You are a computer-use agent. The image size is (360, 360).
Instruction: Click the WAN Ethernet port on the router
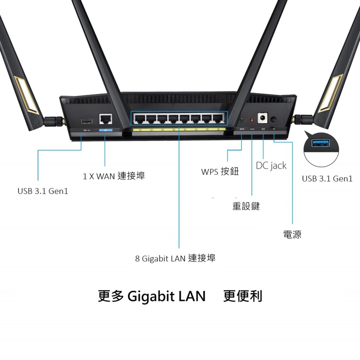[105, 119]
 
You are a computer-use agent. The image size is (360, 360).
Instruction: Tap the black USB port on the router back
[87, 121]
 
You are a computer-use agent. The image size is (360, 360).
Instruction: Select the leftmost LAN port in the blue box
[140, 118]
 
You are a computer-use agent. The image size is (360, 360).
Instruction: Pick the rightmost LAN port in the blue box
[218, 118]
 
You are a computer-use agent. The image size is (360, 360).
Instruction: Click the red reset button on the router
[252, 120]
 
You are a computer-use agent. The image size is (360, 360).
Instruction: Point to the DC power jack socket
[262, 118]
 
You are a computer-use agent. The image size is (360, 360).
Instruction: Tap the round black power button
[274, 120]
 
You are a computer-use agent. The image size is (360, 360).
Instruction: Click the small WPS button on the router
[241, 120]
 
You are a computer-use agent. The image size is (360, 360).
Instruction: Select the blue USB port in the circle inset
[321, 143]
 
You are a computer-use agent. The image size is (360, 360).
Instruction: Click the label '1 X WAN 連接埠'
[114, 176]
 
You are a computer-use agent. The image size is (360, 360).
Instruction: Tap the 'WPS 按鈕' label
[220, 172]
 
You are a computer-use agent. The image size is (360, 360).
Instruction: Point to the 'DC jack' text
[271, 166]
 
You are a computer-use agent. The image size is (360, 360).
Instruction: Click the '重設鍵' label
[246, 206]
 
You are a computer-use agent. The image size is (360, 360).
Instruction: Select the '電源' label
[292, 234]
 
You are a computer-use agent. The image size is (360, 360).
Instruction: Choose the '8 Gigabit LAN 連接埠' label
[175, 258]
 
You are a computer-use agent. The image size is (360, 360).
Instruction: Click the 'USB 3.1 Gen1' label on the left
[43, 191]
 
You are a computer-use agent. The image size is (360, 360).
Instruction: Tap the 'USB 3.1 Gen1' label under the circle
[327, 178]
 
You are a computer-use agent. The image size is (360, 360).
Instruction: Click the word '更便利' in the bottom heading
[243, 296]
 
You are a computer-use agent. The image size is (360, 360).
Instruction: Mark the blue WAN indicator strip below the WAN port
[105, 130]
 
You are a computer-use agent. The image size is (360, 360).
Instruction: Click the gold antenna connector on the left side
[63, 121]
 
